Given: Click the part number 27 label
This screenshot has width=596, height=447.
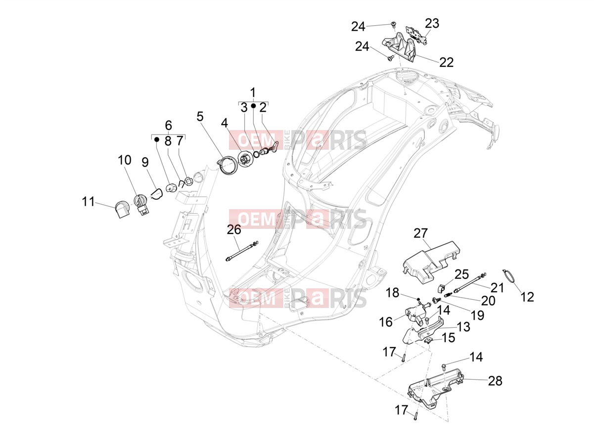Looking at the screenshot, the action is tap(420, 233).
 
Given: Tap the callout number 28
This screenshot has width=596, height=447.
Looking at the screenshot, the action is tap(495, 381).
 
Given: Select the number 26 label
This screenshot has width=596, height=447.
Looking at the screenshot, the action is tap(234, 229).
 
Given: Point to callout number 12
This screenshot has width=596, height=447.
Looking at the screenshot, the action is tap(527, 297).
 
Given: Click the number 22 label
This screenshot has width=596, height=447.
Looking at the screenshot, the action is tap(447, 63).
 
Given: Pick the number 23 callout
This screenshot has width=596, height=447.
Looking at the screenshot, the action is tap(432, 24).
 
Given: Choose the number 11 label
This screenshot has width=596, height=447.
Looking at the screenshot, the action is tap(89, 202).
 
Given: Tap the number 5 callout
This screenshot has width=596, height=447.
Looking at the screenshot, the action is tap(200, 117).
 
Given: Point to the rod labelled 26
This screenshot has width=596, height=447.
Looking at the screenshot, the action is tap(241, 251).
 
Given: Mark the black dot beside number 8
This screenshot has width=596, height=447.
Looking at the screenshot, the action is tap(156, 139).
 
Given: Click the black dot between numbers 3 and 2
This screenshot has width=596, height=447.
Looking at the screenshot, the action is tap(253, 106).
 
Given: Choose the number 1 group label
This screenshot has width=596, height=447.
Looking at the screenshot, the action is tap(253, 92).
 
